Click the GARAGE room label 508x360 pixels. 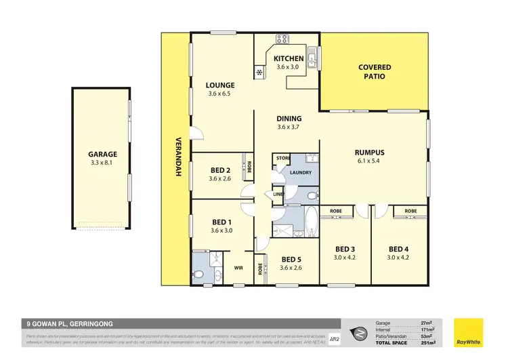[98, 154]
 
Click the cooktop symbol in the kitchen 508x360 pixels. [282, 39]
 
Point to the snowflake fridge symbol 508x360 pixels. [259, 73]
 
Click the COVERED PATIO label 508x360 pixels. [375, 72]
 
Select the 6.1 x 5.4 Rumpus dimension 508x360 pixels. [370, 161]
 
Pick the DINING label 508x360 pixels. [289, 119]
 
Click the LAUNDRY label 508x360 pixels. [301, 172]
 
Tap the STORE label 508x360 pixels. [281, 159]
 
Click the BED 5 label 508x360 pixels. [291, 259]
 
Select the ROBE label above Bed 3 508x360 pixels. [336, 212]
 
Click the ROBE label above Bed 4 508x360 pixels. [410, 212]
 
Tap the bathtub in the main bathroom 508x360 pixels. [310, 221]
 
